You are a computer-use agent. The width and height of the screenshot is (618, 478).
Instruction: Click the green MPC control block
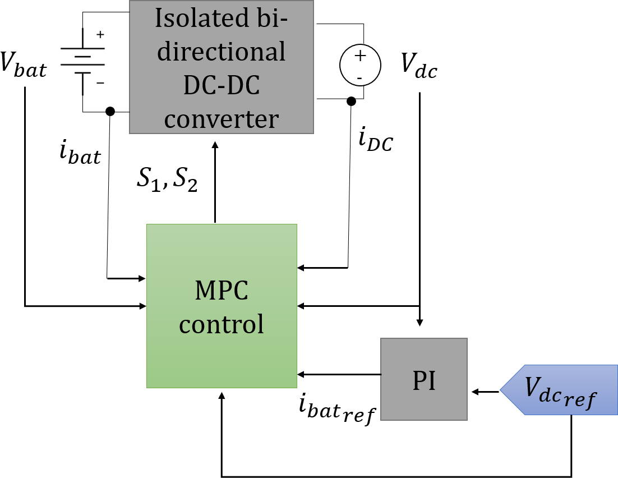coord(222,306)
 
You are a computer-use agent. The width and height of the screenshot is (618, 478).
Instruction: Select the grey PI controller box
coord(423,379)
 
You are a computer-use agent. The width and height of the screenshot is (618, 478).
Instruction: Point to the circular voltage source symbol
coord(359,65)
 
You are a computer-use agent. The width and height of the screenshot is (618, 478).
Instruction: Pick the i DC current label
coord(375,141)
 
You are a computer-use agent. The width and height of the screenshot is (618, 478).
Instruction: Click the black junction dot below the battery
coord(110,111)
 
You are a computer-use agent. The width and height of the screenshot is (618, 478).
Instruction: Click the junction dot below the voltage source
coord(351,102)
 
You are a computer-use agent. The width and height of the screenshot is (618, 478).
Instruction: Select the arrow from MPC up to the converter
coord(214,180)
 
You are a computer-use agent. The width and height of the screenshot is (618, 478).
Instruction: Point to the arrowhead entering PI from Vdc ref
coord(476,392)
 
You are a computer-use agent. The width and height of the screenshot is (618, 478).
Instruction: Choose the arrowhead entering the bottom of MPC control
coord(222,395)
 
